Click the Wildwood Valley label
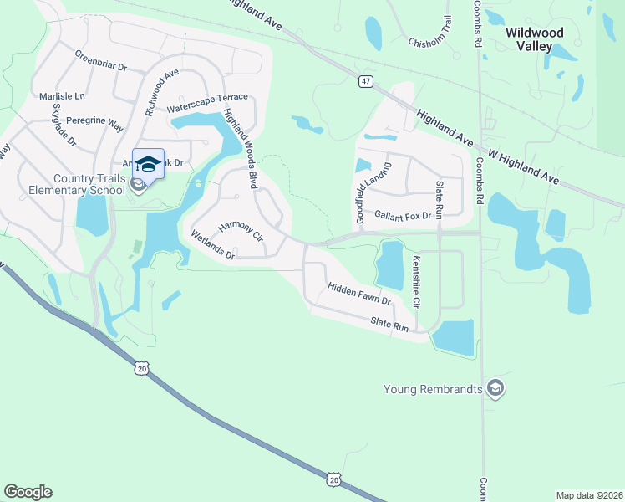tap(535, 39)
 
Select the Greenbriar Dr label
tap(100, 61)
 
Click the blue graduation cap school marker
tap(148, 164)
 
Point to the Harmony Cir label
tap(241, 233)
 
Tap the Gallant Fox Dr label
tap(403, 216)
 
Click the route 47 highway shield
tap(366, 81)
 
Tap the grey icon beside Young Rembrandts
tap(496, 389)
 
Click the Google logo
tap(28, 492)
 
